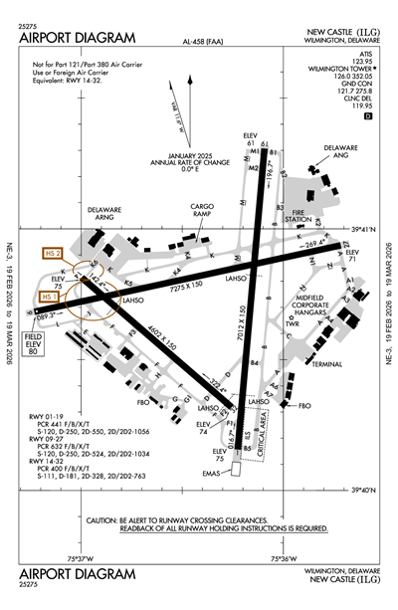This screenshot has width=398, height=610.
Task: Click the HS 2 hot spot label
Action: click(x=53, y=255)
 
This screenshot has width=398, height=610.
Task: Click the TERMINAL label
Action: click(x=325, y=364)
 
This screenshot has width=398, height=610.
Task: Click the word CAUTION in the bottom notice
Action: click(x=105, y=520)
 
